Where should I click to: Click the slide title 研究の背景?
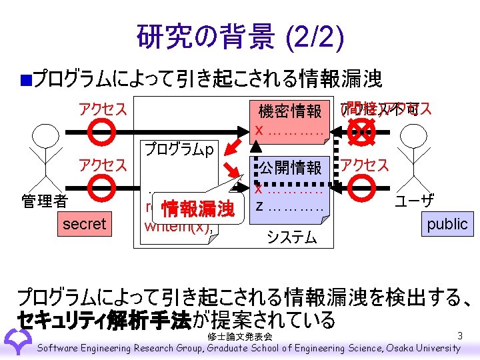[x=199, y=38]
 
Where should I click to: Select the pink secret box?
[x=84, y=224]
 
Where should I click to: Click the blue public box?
[x=447, y=224]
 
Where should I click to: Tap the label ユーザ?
[x=415, y=200]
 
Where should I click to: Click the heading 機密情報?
[x=290, y=111]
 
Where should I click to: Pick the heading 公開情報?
[x=290, y=167]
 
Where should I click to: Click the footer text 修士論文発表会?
[x=239, y=337]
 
